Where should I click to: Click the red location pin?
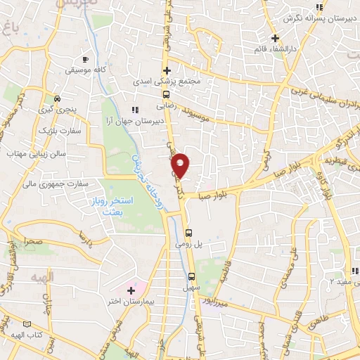tap(181, 165)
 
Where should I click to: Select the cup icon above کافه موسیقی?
tap(85, 60)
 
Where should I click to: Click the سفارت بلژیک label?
tap(58, 131)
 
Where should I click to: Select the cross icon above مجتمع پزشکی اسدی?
tap(167, 70)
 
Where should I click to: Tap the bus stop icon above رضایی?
tap(167, 94)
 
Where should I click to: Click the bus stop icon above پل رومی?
tap(188, 233)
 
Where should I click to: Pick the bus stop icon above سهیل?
tap(191, 275)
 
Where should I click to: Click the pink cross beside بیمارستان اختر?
tap(131, 290)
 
